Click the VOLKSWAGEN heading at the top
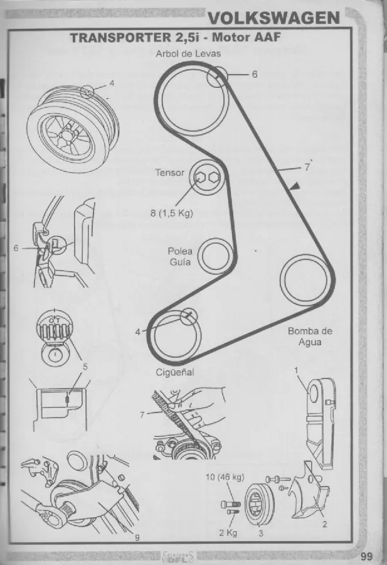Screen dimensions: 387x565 click(x=274, y=18)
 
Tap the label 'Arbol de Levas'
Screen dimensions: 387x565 click(x=188, y=54)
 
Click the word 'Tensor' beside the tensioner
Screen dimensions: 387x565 click(x=169, y=173)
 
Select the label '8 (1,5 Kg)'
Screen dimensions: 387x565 click(x=172, y=213)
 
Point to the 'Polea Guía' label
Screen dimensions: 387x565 click(x=180, y=256)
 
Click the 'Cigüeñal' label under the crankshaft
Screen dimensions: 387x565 click(x=174, y=372)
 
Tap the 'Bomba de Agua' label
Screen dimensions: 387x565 click(x=310, y=336)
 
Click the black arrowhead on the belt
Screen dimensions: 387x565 click(x=295, y=186)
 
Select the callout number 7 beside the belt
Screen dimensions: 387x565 click(x=307, y=168)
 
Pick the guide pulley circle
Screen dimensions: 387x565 click(x=215, y=256)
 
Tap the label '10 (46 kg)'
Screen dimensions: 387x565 click(x=225, y=477)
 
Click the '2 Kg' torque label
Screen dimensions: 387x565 click(x=228, y=532)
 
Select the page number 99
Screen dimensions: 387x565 click(x=366, y=556)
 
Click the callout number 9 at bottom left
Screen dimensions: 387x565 click(x=137, y=537)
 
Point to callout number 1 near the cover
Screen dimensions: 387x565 click(x=296, y=370)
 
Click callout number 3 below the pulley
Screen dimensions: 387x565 click(x=261, y=533)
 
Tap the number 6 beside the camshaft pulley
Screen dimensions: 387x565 click(x=255, y=74)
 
